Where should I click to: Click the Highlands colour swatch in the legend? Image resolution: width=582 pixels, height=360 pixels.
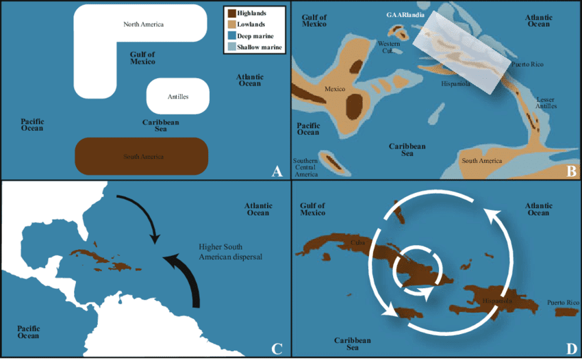(231, 13)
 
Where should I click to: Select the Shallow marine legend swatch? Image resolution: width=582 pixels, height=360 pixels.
(231, 47)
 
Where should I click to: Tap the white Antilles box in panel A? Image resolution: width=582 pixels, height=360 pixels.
(177, 97)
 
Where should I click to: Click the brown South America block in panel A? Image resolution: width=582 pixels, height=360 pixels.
(142, 157)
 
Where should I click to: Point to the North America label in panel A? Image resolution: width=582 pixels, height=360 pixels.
(144, 25)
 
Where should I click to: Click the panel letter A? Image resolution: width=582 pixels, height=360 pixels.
(277, 171)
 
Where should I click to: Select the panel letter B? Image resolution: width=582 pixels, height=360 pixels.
(571, 171)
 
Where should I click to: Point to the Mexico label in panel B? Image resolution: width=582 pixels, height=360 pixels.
(335, 89)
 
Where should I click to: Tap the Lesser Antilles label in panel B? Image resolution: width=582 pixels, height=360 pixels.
(546, 103)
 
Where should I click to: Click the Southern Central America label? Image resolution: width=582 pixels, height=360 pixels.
(305, 168)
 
